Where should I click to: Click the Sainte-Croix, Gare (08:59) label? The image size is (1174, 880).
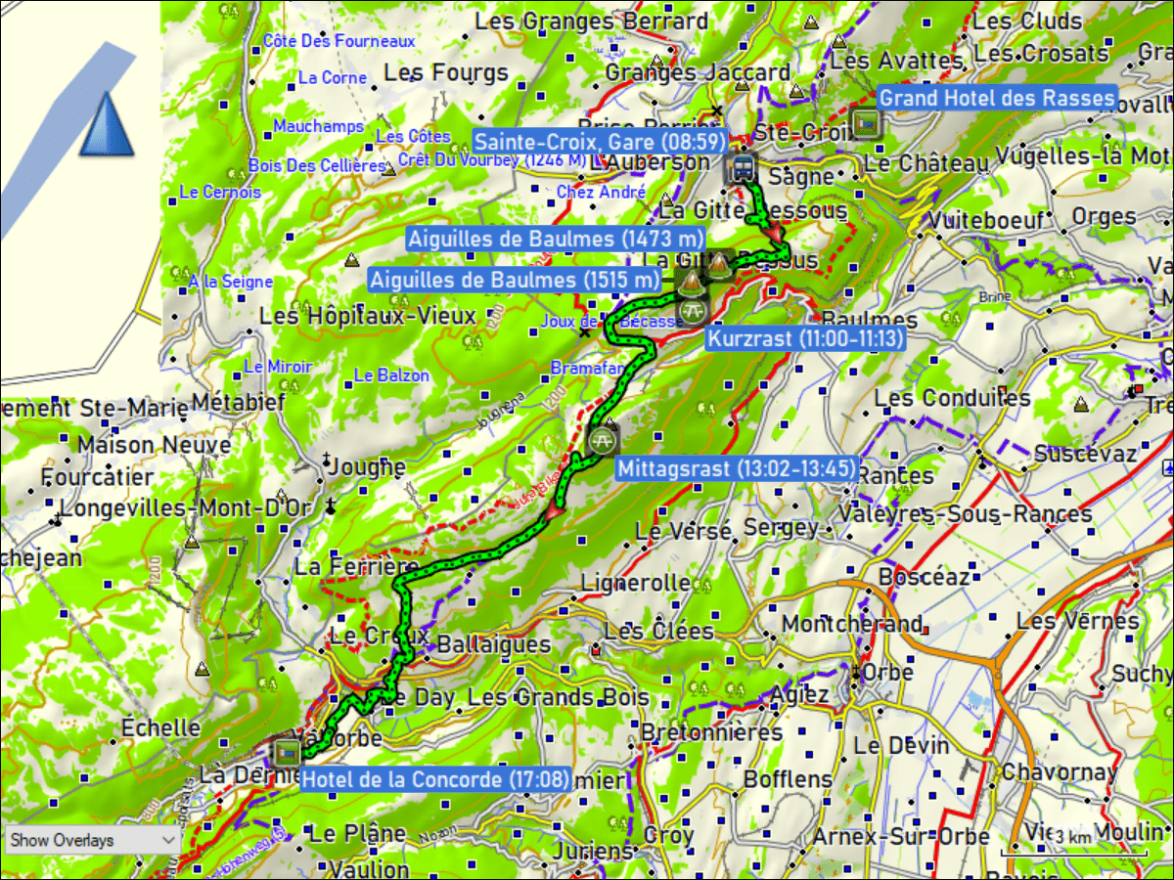[x=600, y=140]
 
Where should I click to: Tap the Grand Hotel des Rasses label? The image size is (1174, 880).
[x=996, y=98]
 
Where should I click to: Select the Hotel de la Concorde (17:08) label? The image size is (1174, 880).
[x=434, y=779]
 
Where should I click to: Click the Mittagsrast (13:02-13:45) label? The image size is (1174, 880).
[x=737, y=468]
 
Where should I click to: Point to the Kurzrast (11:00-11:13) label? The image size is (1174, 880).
[x=804, y=338]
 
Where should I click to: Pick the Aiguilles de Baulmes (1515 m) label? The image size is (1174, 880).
[x=514, y=280]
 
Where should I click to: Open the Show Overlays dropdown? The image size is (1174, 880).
[x=92, y=840]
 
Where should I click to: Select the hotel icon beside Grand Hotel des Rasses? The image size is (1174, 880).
[x=866, y=124]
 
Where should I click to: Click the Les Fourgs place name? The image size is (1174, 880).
[x=446, y=72]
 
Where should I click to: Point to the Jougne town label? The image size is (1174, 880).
[x=368, y=467]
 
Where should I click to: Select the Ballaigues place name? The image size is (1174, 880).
[x=493, y=645]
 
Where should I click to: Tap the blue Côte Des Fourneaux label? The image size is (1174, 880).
[x=339, y=41]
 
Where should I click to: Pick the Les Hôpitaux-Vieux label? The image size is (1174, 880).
[x=367, y=317]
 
